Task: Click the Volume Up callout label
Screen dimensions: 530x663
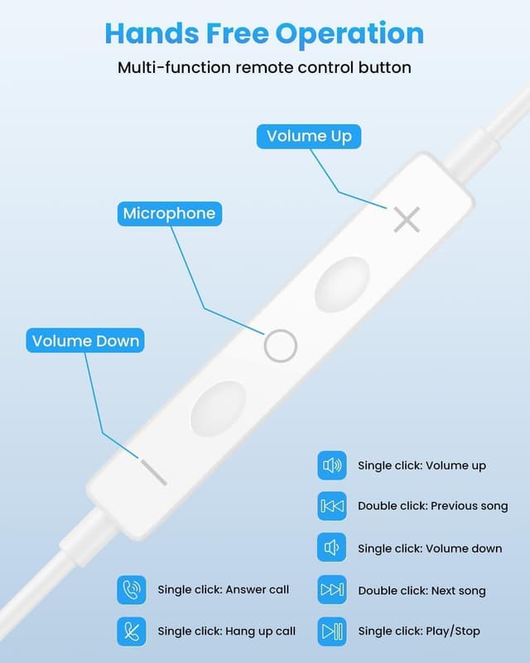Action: tap(309, 136)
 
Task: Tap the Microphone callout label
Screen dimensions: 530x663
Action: tap(170, 214)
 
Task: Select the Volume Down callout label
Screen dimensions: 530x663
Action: tap(85, 341)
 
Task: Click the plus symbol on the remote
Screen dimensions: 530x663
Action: tap(407, 220)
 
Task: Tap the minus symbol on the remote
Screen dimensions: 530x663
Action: tap(154, 472)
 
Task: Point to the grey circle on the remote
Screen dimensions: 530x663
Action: tap(266, 346)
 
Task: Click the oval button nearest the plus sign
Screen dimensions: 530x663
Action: tap(342, 284)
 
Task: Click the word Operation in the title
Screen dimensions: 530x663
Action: tap(349, 34)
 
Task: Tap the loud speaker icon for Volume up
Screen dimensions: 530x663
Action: tap(332, 466)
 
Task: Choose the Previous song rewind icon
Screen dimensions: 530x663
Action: tap(332, 506)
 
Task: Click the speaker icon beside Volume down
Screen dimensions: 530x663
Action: tap(332, 548)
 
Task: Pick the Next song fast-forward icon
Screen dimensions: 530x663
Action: tap(332, 589)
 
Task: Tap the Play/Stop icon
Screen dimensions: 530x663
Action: tap(332, 632)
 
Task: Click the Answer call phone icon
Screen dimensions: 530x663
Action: tap(132, 590)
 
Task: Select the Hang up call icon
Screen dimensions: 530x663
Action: tap(132, 632)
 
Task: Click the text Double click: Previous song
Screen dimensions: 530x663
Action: tap(433, 506)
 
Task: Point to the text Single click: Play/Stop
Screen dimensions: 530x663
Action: tap(419, 632)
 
